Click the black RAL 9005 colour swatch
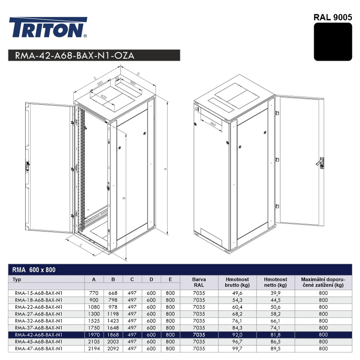[x=333, y=42]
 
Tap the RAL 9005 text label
[x=333, y=18]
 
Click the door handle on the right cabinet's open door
[x=320, y=162]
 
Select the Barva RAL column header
[x=198, y=282]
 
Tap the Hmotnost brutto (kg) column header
[x=237, y=282]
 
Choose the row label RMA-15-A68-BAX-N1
[x=39, y=293]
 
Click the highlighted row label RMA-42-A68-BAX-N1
[x=39, y=334]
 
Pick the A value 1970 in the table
[x=94, y=334]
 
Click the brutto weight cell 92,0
[x=237, y=334]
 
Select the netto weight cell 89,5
[x=275, y=348]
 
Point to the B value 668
[x=113, y=293]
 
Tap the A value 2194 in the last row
[x=94, y=348]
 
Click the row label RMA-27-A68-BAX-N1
[x=39, y=314]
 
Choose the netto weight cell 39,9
[x=275, y=293]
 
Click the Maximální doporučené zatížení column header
[x=323, y=282]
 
